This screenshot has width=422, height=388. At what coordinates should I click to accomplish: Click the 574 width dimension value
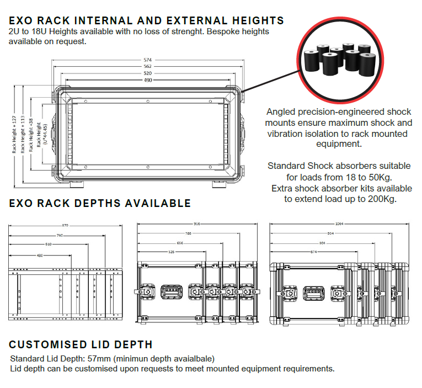coord(147,60)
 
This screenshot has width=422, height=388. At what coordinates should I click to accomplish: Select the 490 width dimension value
coord(147,80)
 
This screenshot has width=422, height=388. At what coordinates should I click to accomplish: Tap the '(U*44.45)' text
coord(45,134)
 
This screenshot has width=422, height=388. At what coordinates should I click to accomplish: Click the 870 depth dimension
coord(66,226)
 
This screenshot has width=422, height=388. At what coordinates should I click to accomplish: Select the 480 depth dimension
coord(40,255)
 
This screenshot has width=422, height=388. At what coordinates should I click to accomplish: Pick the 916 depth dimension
coord(197,224)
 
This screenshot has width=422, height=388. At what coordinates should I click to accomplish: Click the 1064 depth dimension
coord(339,224)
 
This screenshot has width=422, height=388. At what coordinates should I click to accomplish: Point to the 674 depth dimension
coord(298,252)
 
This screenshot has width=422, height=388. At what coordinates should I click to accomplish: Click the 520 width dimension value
coord(147,73)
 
